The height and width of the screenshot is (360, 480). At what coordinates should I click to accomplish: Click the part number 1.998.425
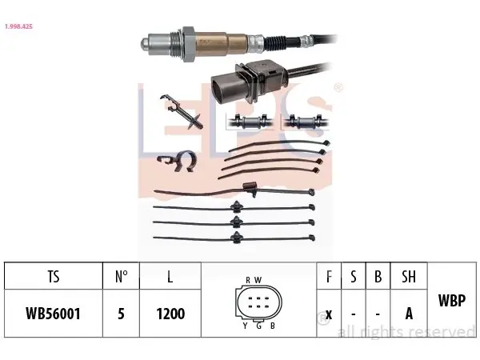[18, 26]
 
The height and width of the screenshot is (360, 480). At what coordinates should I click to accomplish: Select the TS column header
[54, 277]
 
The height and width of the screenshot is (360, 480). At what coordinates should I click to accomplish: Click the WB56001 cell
[54, 314]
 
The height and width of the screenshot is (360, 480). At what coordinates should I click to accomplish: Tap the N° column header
[122, 277]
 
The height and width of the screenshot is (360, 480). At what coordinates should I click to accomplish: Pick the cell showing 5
[122, 314]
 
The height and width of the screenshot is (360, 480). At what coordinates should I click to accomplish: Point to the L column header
[170, 277]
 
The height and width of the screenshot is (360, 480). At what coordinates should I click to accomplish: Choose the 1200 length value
[170, 314]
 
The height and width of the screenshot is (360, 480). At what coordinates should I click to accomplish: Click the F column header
[329, 277]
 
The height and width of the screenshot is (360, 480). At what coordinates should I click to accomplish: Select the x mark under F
[329, 314]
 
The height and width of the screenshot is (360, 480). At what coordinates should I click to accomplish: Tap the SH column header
[409, 277]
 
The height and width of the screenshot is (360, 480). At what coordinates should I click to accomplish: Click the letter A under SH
[409, 314]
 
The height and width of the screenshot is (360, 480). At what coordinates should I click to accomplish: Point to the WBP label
[452, 300]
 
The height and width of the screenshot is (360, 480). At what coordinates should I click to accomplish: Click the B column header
[378, 277]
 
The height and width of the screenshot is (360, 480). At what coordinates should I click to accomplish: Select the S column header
[354, 277]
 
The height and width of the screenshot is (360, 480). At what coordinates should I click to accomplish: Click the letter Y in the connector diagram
[245, 326]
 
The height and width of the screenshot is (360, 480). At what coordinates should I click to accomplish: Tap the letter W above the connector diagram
[258, 280]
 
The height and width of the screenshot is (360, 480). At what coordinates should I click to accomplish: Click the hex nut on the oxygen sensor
[188, 44]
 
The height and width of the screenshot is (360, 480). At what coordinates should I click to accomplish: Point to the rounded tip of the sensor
[145, 44]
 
